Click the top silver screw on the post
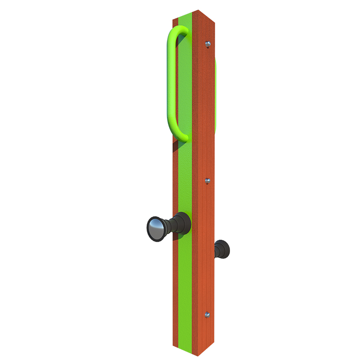[207, 44]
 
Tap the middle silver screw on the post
[207, 181]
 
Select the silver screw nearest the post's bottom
[207, 315]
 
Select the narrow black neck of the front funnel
[170, 225]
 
